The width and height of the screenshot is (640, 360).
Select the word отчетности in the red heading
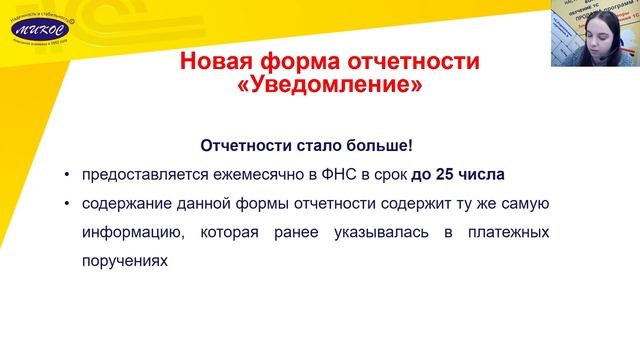413,62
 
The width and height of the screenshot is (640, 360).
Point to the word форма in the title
303,62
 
